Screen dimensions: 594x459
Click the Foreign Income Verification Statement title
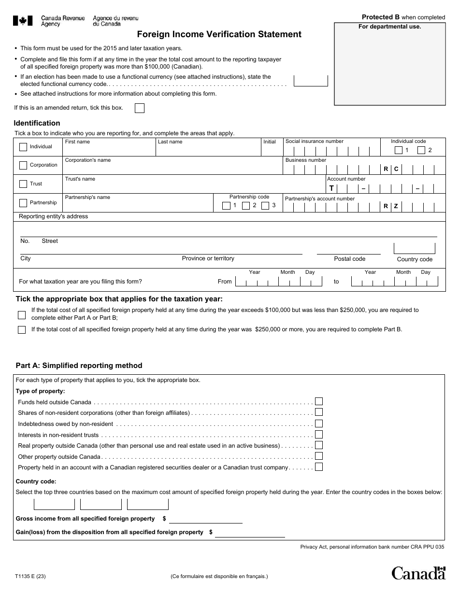(x=219, y=34)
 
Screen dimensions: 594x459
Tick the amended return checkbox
(x=139, y=108)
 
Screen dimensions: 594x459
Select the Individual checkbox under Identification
(x=23, y=147)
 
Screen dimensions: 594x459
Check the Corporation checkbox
(x=23, y=165)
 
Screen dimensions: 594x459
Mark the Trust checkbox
(x=23, y=184)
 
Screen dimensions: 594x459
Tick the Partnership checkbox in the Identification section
(x=23, y=203)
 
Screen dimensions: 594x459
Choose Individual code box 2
(x=421, y=150)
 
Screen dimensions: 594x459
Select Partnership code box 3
(x=265, y=206)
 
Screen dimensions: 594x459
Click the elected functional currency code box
(x=311, y=81)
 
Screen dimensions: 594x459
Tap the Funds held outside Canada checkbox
(x=319, y=401)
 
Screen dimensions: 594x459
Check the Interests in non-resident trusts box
(x=319, y=435)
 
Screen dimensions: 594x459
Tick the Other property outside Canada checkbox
(x=319, y=456)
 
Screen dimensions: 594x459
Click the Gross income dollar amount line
(x=206, y=519)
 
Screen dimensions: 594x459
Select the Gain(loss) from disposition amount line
(x=250, y=533)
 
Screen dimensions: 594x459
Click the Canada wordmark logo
(x=418, y=573)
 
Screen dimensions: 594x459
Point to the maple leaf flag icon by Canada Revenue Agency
(x=23, y=20)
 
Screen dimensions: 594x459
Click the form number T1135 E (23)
(x=31, y=576)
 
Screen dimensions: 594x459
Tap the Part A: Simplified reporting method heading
(x=79, y=366)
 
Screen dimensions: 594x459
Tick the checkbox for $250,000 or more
(x=22, y=330)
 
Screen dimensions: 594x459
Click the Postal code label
(x=349, y=259)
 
